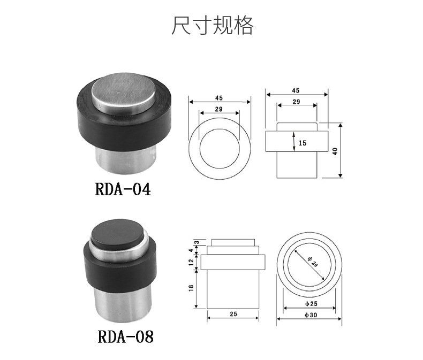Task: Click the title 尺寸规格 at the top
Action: [213, 25]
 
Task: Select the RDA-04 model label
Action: [123, 189]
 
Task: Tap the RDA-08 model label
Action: [125, 336]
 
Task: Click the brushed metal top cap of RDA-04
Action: [124, 91]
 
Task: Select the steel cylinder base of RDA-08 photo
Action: [120, 304]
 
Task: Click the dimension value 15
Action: [303, 143]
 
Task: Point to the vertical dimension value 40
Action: [335, 151]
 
